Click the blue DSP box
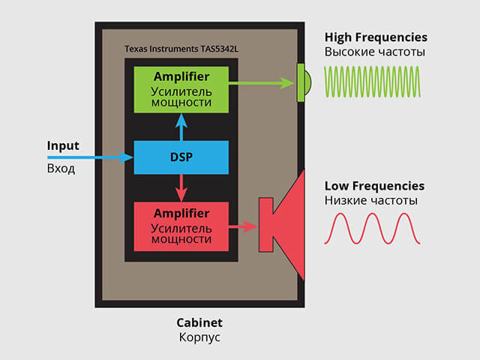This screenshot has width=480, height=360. coord(181,157)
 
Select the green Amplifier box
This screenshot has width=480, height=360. coord(181,89)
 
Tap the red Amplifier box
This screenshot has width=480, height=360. coord(181,225)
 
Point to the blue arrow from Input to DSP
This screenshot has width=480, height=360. coord(90,157)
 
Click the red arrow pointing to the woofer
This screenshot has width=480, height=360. coord(243,225)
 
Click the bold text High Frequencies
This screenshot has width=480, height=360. coord(376,37)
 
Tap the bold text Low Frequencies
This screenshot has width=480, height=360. coord(374,185)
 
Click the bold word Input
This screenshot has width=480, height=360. coord(62,145)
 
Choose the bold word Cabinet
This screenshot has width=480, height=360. coord(199,322)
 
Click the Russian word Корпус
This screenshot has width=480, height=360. coord(199,337)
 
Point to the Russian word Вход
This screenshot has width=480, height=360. coord(61,169)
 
